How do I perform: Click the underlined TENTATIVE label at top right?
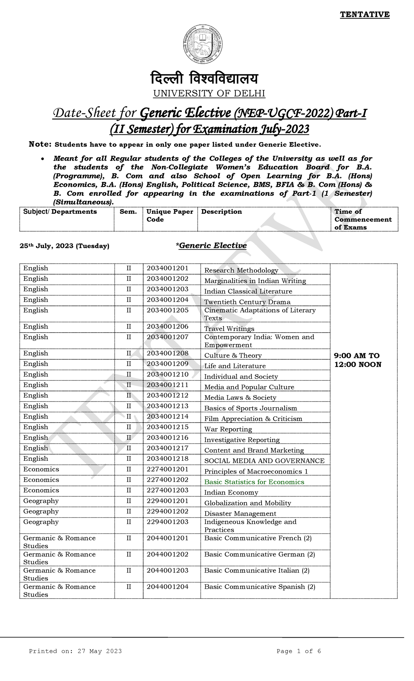(x=365, y=14)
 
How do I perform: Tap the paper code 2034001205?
(x=167, y=310)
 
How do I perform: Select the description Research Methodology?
(x=241, y=270)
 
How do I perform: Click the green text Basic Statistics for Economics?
(x=254, y=482)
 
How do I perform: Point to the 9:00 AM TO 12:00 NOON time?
(x=357, y=360)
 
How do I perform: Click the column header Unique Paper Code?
(x=169, y=215)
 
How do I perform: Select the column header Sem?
(x=128, y=212)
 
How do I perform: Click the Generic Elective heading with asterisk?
(x=211, y=245)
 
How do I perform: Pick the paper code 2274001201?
(x=167, y=469)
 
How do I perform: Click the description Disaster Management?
(x=240, y=514)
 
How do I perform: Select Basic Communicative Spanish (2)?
(x=259, y=587)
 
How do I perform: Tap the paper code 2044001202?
(x=167, y=554)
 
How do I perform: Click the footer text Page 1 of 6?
(x=298, y=651)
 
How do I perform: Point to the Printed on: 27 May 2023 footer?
(x=75, y=651)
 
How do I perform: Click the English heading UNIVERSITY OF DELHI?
(x=209, y=93)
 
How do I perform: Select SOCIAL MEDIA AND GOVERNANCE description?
(x=264, y=461)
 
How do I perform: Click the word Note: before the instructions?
(x=40, y=144)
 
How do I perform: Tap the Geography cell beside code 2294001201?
(x=41, y=501)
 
